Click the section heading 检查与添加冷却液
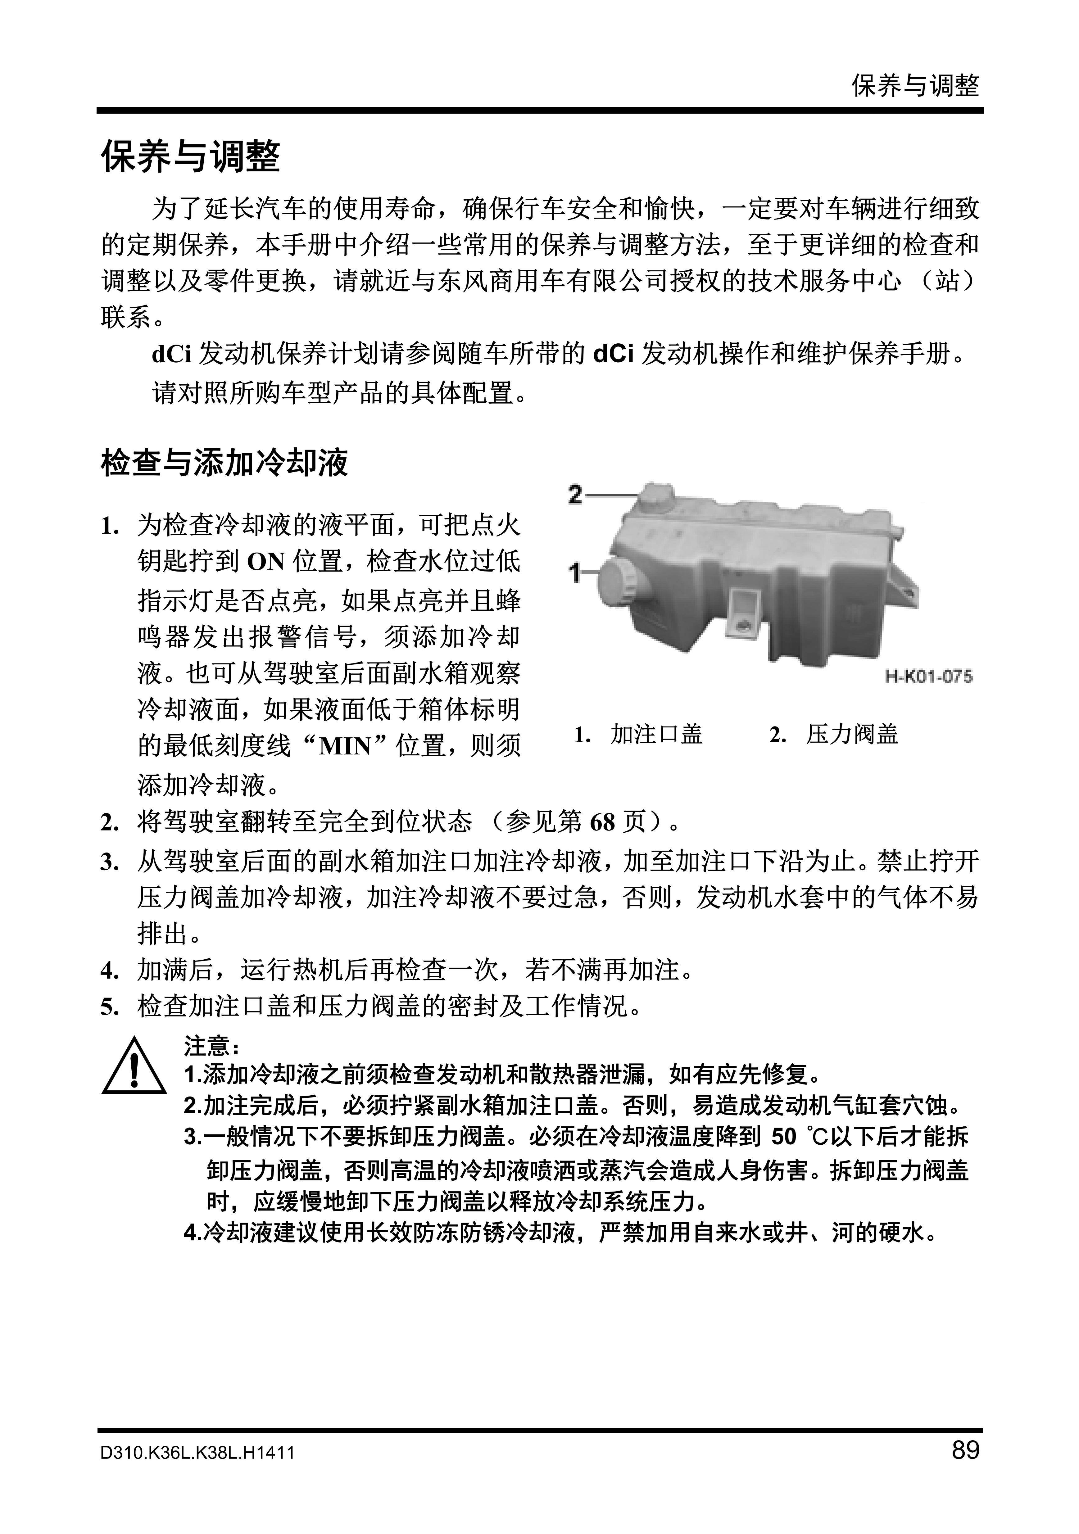pos(224,462)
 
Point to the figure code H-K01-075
pos(929,677)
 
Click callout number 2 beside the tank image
pos(575,495)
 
